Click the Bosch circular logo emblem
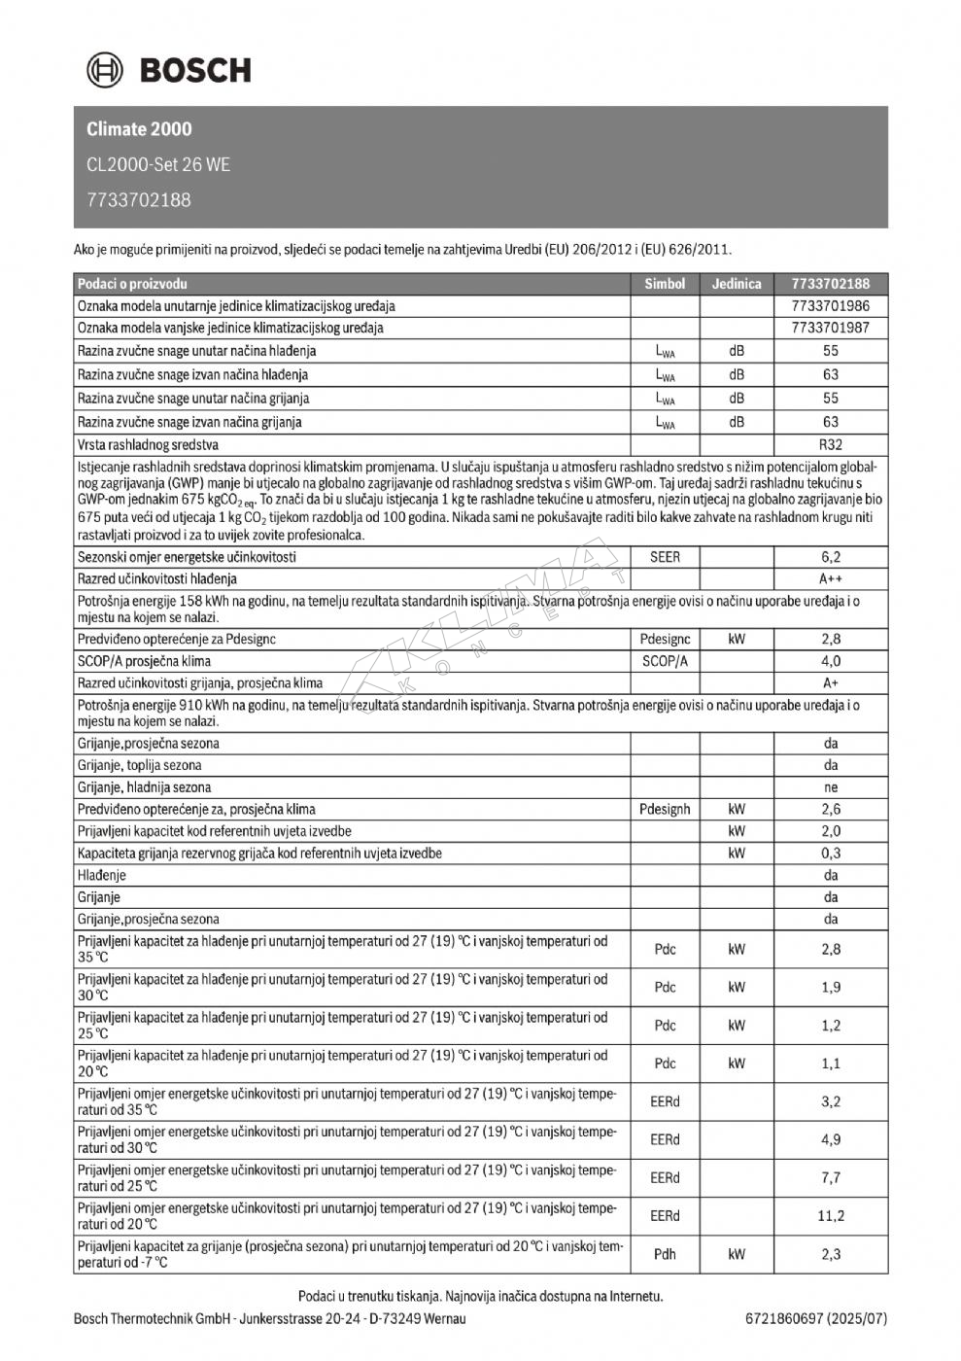pyautogui.click(x=105, y=70)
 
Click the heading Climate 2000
pyautogui.click(x=139, y=129)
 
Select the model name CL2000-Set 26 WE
pyautogui.click(x=158, y=164)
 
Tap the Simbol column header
pyautogui.click(x=665, y=284)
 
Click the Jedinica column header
pyautogui.click(x=737, y=284)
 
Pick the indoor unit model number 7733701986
pyautogui.click(x=831, y=306)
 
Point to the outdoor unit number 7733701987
pyautogui.click(x=831, y=328)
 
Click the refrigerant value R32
pyautogui.click(x=831, y=444)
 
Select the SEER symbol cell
pyautogui.click(x=665, y=557)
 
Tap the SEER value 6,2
pyautogui.click(x=831, y=557)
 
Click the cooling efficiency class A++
pyautogui.click(x=831, y=578)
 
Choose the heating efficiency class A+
pyautogui.click(x=831, y=682)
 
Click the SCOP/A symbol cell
pyautogui.click(x=665, y=661)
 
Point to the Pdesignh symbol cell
pyautogui.click(x=665, y=809)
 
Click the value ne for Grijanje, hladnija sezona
pyautogui.click(x=831, y=787)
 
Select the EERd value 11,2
pyautogui.click(x=831, y=1216)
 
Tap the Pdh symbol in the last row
pyautogui.click(x=665, y=1254)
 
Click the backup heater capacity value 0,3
pyautogui.click(x=831, y=854)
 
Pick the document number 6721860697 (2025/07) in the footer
pyautogui.click(x=816, y=1319)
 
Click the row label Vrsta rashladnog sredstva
pyautogui.click(x=148, y=444)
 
